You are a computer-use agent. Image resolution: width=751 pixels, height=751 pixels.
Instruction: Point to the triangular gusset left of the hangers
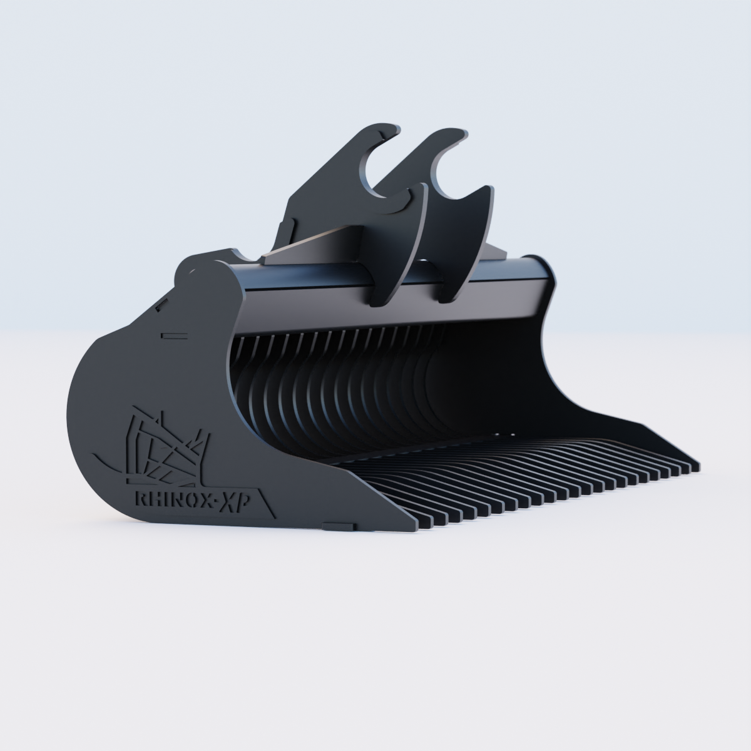[x=313, y=241]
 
